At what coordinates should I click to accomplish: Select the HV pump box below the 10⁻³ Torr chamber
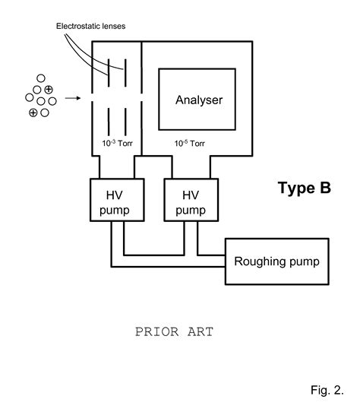[113, 201]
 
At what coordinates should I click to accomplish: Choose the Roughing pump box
[277, 261]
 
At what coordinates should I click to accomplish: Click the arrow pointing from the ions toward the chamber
[74, 97]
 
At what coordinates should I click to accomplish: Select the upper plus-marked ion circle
[48, 90]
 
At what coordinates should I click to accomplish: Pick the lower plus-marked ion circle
[33, 113]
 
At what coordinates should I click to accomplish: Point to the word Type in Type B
[294, 188]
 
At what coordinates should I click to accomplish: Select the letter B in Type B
[325, 188]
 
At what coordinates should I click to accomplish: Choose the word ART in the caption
[200, 332]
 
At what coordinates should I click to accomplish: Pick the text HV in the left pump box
[113, 194]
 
